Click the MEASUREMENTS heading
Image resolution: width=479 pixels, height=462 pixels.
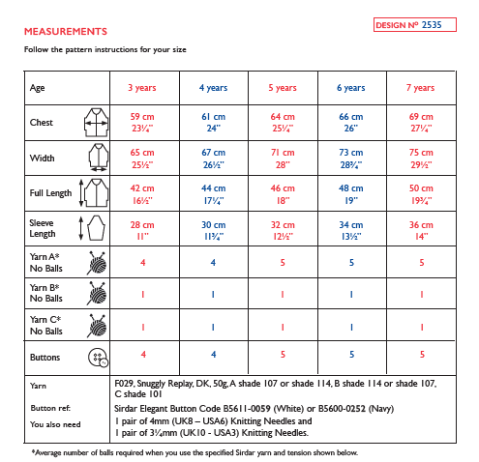pos(65,31)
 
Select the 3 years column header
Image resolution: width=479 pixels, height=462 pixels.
pos(142,88)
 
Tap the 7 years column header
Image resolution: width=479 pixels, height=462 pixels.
pos(421,88)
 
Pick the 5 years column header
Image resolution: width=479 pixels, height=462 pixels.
pos(283,88)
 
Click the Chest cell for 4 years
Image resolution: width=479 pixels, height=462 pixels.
pos(213,122)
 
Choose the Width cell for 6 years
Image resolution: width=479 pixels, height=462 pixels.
pos(351,158)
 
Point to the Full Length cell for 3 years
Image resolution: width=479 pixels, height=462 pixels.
pos(142,193)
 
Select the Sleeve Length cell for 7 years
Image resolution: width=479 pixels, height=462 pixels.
pos(421,229)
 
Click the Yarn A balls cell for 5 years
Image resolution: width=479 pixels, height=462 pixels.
pos(283,263)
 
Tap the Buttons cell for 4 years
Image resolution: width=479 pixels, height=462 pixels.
pos(213,355)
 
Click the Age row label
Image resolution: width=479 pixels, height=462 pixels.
pos(38,88)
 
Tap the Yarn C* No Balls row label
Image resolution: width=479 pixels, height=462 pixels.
pos(46,326)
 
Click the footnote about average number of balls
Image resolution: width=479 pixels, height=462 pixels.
pos(194,452)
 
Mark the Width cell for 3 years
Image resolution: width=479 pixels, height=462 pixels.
pos(142,158)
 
